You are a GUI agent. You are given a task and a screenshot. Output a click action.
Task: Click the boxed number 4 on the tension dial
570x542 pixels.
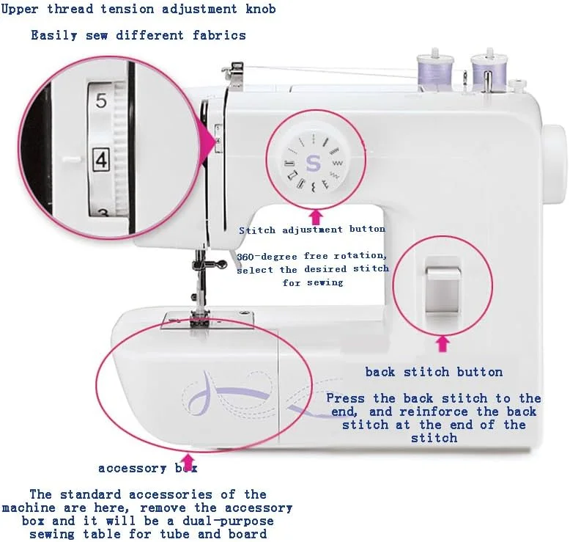coord(100,159)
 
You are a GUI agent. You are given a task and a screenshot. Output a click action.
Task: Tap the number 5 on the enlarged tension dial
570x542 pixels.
coord(101,100)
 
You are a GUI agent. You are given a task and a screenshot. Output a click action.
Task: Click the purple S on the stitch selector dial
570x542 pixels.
coord(313,163)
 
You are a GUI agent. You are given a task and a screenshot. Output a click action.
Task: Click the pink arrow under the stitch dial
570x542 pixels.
coord(316,217)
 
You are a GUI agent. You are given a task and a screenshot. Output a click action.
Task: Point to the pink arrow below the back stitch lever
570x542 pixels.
coord(443,344)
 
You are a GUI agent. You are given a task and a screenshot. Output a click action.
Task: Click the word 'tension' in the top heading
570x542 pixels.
coord(127,9)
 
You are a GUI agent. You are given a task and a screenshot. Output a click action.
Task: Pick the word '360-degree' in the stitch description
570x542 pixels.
coord(267,257)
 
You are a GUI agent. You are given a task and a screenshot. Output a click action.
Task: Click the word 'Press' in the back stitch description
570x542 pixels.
coord(345,398)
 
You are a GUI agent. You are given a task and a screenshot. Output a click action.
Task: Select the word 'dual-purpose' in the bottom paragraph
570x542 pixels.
coord(228,521)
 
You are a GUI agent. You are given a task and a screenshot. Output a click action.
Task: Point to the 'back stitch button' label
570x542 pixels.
coord(434,372)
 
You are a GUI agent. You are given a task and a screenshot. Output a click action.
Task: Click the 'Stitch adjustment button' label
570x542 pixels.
coord(312,230)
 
